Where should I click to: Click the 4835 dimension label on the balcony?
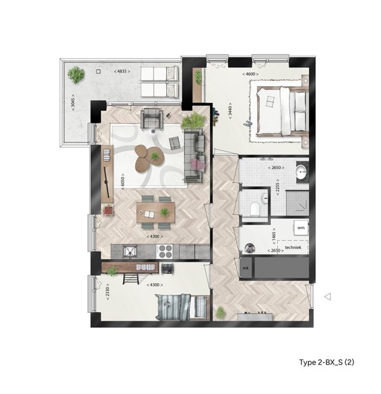122,71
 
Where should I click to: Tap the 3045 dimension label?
73,103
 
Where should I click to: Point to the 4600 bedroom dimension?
251,74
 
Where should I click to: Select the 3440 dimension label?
230,111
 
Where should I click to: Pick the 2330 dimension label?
107,292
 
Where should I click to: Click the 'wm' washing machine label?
301,228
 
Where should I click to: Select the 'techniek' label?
293,247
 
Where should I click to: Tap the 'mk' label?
246,268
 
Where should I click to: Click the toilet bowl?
255,209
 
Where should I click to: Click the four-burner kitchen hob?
165,252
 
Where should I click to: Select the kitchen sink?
130,251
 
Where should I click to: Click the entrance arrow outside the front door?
327,297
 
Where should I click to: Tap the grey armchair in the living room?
151,118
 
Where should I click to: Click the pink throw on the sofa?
198,164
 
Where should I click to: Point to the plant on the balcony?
76,74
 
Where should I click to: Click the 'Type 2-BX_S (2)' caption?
326,362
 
